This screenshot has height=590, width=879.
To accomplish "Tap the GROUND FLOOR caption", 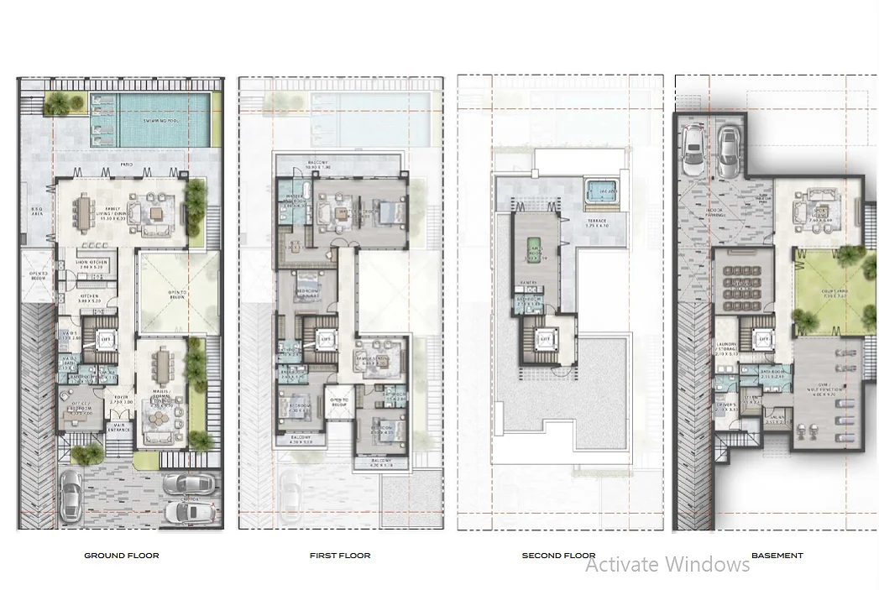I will click(121, 556).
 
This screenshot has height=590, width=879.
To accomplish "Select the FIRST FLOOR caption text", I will click(340, 556).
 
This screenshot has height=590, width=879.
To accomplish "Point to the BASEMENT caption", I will click(777, 556).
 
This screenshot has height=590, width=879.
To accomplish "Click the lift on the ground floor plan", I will click(106, 340).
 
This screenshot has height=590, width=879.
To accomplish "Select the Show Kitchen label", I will click(92, 264).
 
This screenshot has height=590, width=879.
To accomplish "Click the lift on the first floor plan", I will click(326, 339).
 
